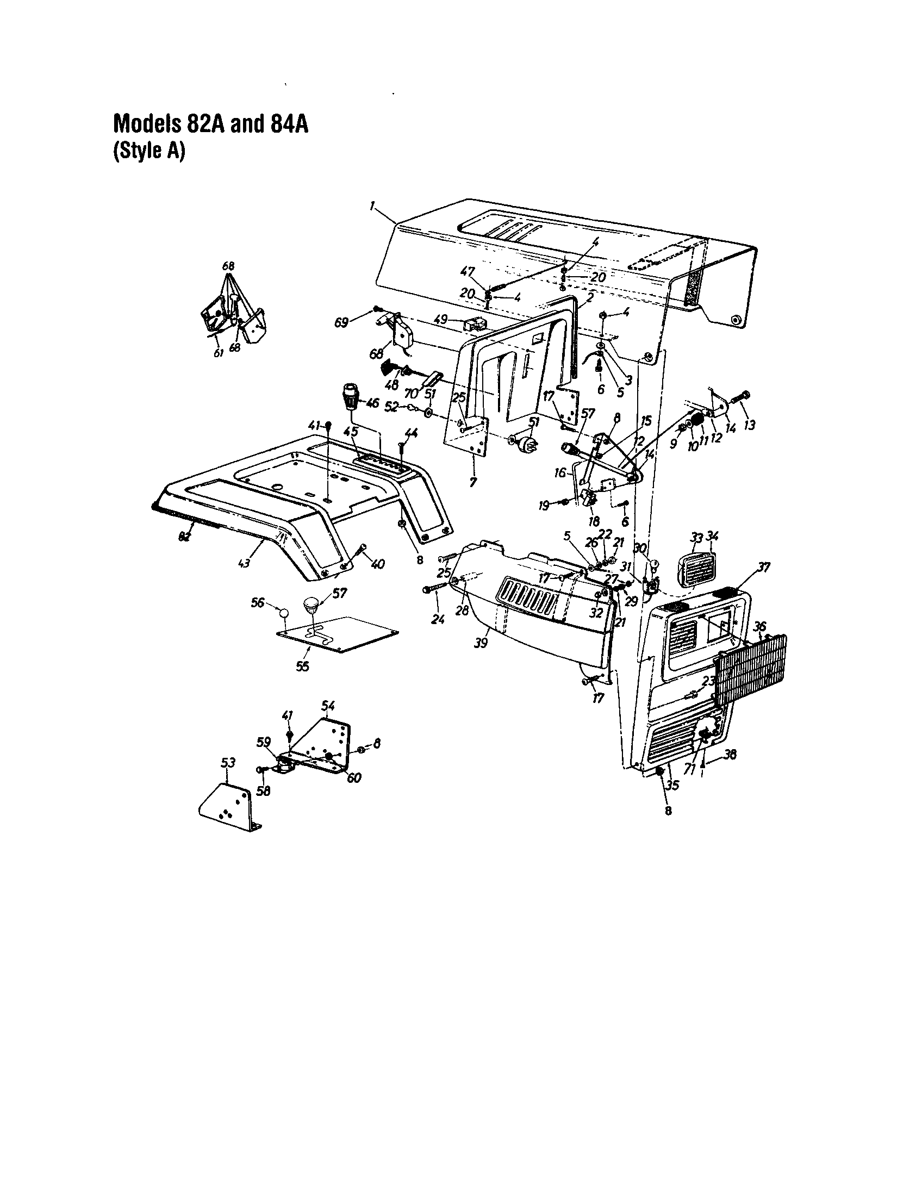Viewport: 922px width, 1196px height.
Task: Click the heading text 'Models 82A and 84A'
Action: pyautogui.click(x=210, y=124)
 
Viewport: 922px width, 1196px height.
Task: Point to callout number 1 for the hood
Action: pyautogui.click(x=372, y=206)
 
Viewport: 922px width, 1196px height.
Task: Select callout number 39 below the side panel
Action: pyautogui.click(x=481, y=643)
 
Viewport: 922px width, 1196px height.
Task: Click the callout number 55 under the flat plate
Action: pyautogui.click(x=302, y=666)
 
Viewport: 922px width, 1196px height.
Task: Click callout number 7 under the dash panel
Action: pyautogui.click(x=473, y=482)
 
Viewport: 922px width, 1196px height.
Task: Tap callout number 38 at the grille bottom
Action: pyautogui.click(x=730, y=755)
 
